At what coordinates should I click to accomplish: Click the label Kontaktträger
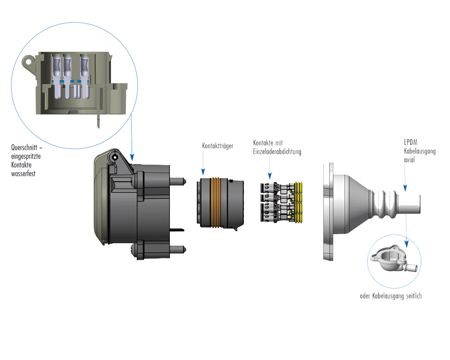pyautogui.click(x=218, y=146)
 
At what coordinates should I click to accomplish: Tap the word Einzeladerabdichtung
pyautogui.click(x=277, y=152)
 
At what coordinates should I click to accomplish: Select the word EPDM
pyautogui.click(x=411, y=142)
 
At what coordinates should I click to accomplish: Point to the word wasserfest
pyautogui.click(x=23, y=173)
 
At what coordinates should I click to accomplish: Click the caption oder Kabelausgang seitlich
pyautogui.click(x=391, y=296)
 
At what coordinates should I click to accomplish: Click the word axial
pyautogui.click(x=409, y=160)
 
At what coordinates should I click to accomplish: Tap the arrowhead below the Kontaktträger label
pyautogui.click(x=203, y=172)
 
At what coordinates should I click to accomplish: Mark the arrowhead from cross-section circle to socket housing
pyautogui.click(x=132, y=157)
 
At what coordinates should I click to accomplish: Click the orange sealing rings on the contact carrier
pyautogui.click(x=216, y=202)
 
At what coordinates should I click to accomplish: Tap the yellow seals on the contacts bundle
pyautogui.click(x=299, y=202)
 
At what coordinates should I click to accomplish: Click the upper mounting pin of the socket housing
pyautogui.click(x=178, y=181)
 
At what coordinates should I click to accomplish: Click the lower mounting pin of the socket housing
pyautogui.click(x=178, y=250)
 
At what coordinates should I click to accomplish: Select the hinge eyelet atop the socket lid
pyautogui.click(x=115, y=157)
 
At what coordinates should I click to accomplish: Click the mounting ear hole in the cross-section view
pyautogui.click(x=28, y=62)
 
